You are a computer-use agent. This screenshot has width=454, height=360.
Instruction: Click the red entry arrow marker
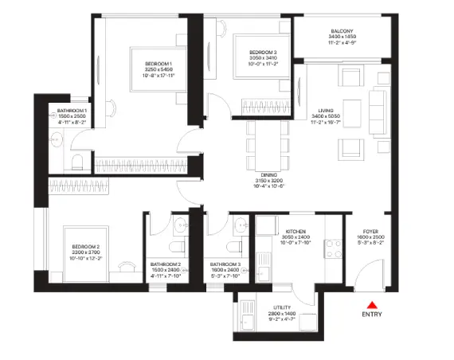tap(370, 303)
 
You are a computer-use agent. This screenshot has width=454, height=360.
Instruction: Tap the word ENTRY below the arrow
tap(371, 315)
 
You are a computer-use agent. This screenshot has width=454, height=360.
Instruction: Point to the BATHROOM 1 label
tap(72, 111)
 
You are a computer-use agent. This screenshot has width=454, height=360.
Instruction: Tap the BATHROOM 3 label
tap(226, 264)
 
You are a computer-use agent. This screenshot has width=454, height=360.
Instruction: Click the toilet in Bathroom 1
tap(76, 162)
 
